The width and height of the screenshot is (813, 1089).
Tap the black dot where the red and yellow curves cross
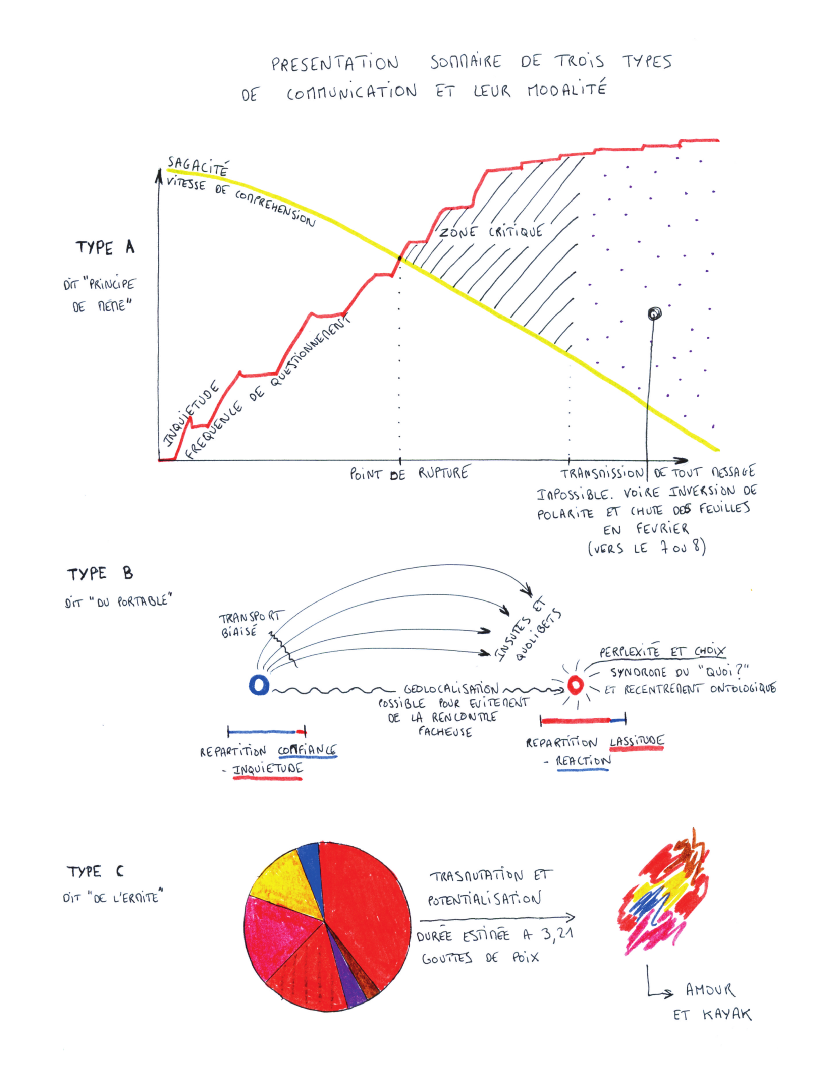tap(399, 257)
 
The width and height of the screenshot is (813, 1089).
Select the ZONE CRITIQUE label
tap(491, 232)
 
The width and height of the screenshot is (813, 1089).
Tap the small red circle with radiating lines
tap(575, 684)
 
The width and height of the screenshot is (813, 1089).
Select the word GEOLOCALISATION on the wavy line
tap(451, 689)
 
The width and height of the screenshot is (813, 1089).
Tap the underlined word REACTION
tap(583, 761)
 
